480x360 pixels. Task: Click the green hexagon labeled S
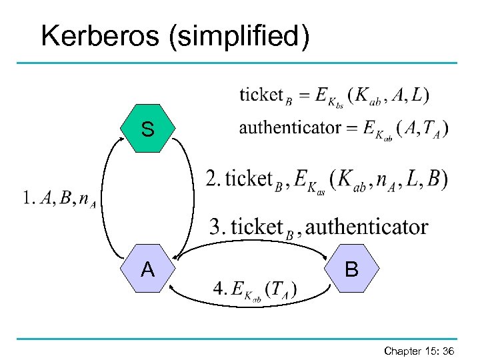(x=147, y=129)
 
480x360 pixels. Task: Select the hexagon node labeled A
(x=147, y=269)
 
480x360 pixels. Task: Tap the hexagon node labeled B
(x=351, y=269)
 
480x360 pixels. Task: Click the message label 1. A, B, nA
(x=59, y=199)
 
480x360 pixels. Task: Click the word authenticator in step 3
(x=366, y=227)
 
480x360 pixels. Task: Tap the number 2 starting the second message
(x=211, y=179)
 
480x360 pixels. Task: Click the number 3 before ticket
(x=216, y=227)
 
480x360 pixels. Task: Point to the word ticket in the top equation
(x=261, y=95)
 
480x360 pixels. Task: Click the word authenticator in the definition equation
(x=290, y=127)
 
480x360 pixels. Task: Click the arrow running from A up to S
(x=105, y=200)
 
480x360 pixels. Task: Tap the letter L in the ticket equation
(x=417, y=95)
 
